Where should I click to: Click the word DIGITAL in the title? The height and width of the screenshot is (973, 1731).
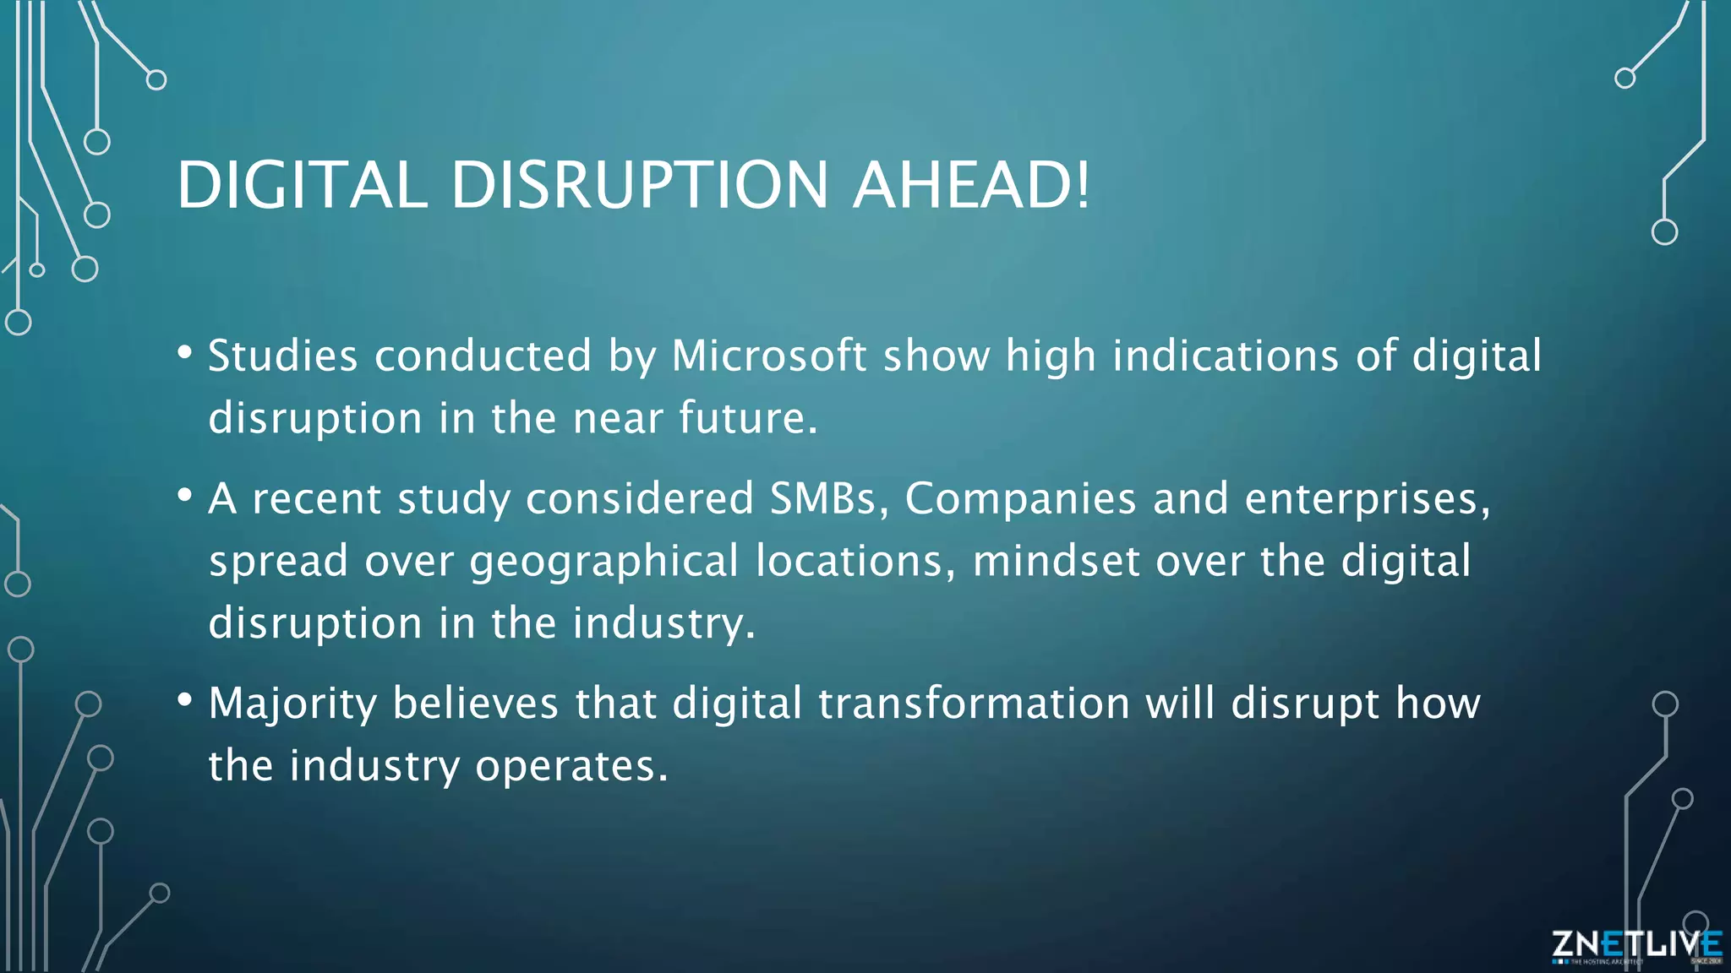pyautogui.click(x=302, y=185)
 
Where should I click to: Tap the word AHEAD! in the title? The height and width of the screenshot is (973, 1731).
pyautogui.click(x=971, y=185)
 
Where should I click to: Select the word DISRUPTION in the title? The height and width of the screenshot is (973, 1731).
pyautogui.click(x=639, y=185)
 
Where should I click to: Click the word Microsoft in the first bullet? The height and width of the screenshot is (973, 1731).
pyautogui.click(x=768, y=356)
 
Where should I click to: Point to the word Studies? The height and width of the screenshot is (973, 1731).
pyautogui.click(x=283, y=356)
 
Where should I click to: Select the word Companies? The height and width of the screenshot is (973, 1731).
pyautogui.click(x=1020, y=498)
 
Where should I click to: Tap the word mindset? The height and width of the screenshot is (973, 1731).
pyautogui.click(x=1056, y=561)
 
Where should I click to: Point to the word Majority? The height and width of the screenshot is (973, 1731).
pyautogui.click(x=292, y=704)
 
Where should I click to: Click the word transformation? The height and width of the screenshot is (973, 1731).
pyautogui.click(x=974, y=704)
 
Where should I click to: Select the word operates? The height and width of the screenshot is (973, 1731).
pyautogui.click(x=571, y=766)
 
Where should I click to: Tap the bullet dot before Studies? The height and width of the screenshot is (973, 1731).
pyautogui.click(x=185, y=352)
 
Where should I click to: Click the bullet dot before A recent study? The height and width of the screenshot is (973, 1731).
pyautogui.click(x=185, y=495)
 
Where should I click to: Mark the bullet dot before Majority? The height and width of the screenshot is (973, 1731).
pyautogui.click(x=185, y=700)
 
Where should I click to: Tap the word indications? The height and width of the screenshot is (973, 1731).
pyautogui.click(x=1226, y=356)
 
